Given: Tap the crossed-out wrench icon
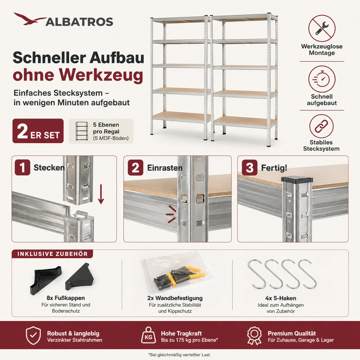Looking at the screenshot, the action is tap(322, 28).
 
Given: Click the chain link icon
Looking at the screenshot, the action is tap(321, 126).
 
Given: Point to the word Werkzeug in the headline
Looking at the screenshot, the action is tap(101, 75).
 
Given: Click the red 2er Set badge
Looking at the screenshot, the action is tap(38, 131).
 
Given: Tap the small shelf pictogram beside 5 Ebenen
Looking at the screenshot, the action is tap(82, 131).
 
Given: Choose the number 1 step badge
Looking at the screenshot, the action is tap(22, 167).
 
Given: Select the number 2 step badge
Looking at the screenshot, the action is tap(136, 167).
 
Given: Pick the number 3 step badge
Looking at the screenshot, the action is tap(249, 167).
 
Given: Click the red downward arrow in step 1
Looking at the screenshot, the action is tap(101, 194).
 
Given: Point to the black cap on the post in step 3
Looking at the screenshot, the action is tap(297, 180).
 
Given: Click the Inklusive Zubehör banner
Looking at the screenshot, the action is tap(52, 254).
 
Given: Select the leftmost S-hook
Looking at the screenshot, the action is tap(257, 274).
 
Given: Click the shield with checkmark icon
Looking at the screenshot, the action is tap(33, 335).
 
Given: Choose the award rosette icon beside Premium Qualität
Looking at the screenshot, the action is tap(254, 336).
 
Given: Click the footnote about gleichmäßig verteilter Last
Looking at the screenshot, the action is tap(179, 355).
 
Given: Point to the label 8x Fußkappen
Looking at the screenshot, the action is tap(66, 298).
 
